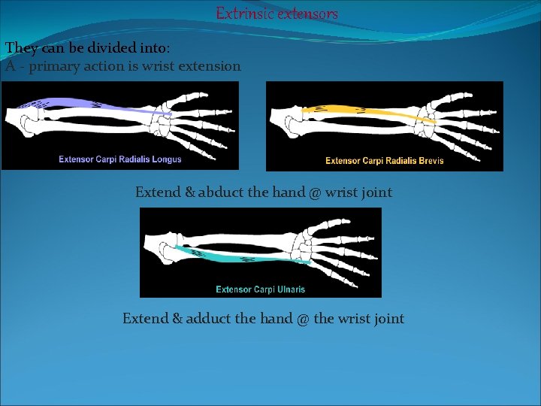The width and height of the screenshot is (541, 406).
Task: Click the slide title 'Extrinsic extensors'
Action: click(277, 14)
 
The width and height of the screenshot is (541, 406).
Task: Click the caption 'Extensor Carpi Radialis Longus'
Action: click(120, 159)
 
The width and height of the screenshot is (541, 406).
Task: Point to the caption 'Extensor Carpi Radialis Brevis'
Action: click(384, 160)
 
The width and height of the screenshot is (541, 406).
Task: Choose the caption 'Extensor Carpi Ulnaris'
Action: click(260, 289)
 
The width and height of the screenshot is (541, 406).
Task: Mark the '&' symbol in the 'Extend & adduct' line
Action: click(177, 319)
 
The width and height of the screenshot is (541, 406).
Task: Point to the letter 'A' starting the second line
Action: click(10, 66)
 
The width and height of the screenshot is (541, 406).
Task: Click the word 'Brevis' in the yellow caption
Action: click(430, 160)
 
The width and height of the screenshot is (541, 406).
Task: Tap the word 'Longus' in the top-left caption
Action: click(165, 159)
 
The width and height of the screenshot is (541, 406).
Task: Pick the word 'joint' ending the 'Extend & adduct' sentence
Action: click(388, 319)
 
